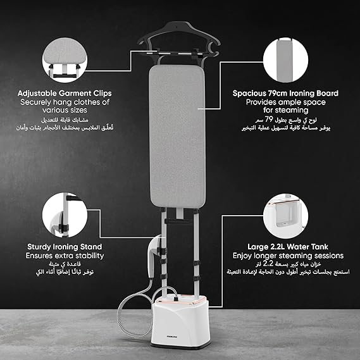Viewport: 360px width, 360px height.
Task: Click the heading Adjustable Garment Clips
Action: pos(64,93)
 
